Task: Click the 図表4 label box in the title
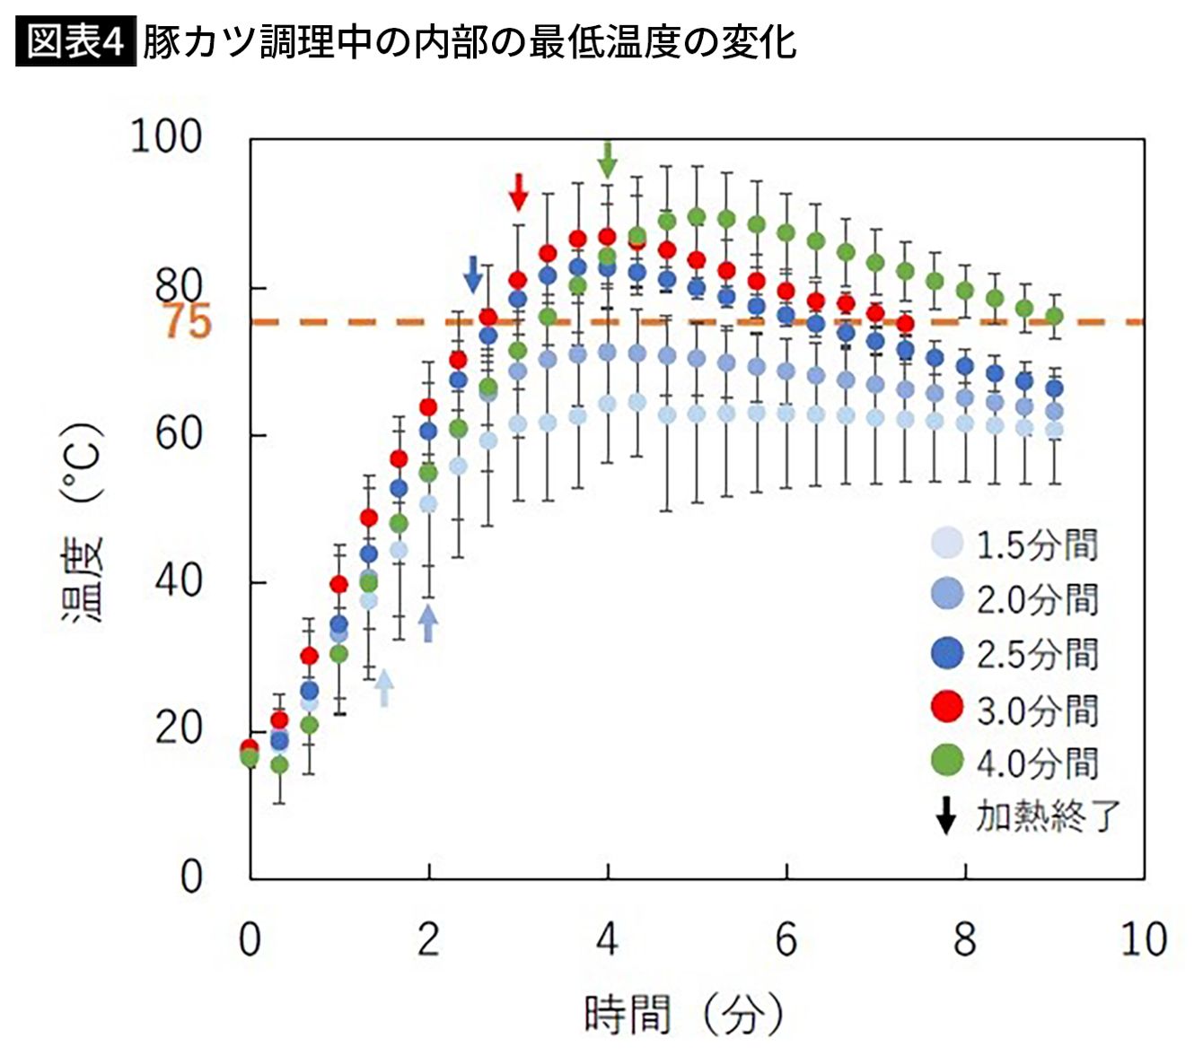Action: (75, 42)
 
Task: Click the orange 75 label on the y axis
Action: (187, 321)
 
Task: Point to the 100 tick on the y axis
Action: (166, 136)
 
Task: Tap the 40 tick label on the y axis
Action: (178, 581)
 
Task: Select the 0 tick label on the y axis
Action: (190, 876)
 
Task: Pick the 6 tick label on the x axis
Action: (786, 939)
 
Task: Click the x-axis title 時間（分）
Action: (682, 1015)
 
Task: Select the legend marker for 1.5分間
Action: (947, 543)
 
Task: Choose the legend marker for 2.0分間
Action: (947, 596)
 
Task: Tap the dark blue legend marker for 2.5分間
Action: (947, 652)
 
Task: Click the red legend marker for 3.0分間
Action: (947, 707)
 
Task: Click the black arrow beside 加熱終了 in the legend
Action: (945, 815)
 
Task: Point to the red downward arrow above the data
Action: (518, 191)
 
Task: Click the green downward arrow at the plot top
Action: (608, 160)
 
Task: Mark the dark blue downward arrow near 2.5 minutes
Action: (473, 274)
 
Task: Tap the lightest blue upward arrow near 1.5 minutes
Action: (383, 688)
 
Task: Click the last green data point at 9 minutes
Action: (1054, 316)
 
